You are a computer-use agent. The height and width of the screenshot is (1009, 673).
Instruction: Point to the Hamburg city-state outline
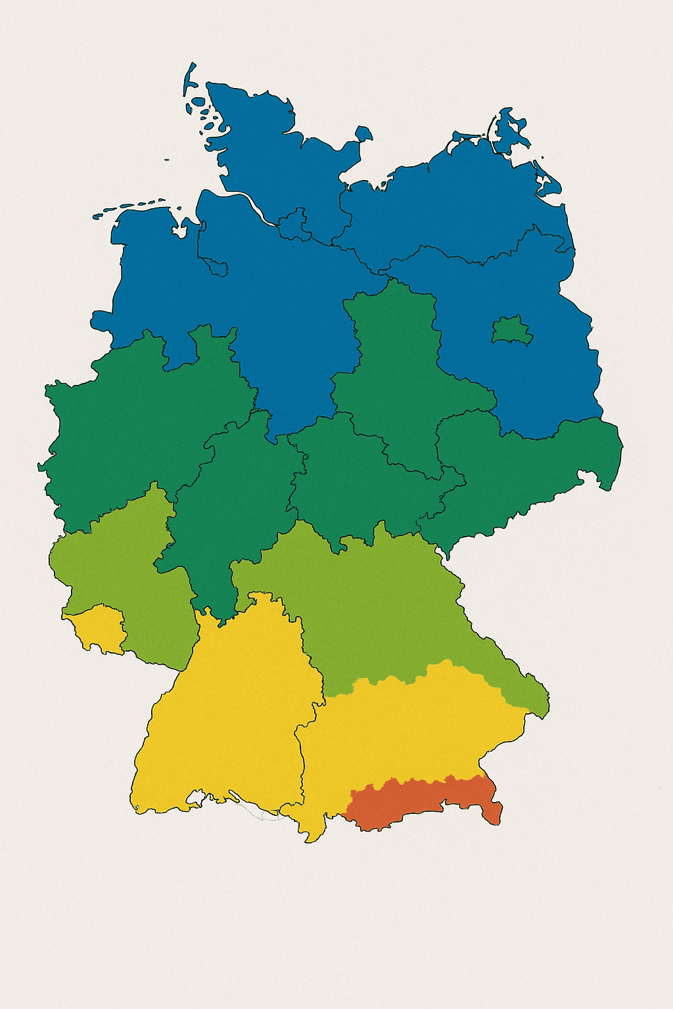[295, 224]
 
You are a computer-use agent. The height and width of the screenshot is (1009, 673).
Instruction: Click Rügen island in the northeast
[510, 131]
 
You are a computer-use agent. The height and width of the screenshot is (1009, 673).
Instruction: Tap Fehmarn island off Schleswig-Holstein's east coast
[363, 134]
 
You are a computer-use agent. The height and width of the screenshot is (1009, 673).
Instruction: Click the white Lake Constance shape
[197, 798]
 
